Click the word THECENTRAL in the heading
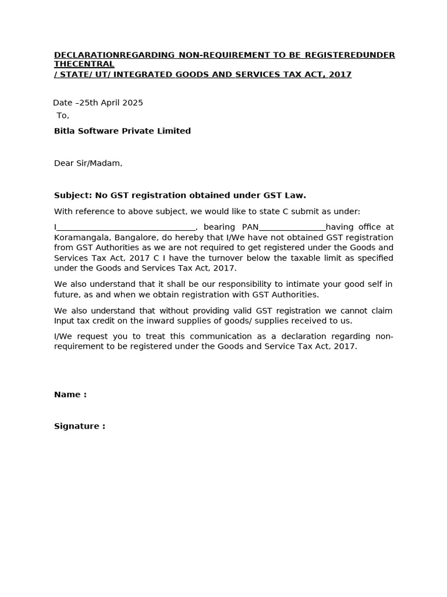coord(84,64)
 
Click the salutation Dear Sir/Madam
coord(88,163)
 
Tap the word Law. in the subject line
coord(295,195)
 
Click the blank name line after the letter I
coord(127,227)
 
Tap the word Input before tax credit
coord(65,321)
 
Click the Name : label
coord(70,395)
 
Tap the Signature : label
coord(79,426)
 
